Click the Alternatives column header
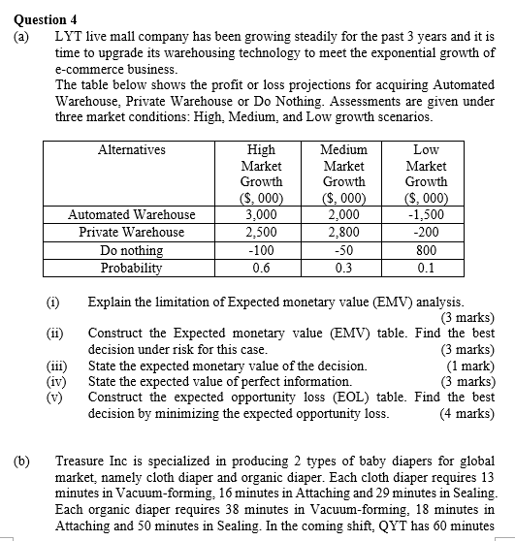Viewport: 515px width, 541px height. point(132,150)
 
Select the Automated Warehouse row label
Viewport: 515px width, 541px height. point(132,214)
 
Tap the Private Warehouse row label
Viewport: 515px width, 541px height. point(132,233)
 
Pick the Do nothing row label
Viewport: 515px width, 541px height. point(132,250)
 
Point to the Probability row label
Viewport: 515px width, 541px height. point(132,268)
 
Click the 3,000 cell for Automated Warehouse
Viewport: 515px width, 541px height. point(261,214)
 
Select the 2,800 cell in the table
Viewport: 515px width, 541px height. point(344,233)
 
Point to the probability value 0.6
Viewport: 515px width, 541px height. point(261,268)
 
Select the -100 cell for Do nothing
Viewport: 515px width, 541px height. point(261,250)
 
